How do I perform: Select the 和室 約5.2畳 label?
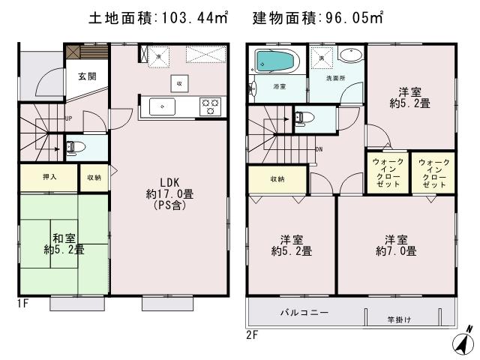click(x=64, y=243)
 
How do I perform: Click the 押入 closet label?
click(x=48, y=178)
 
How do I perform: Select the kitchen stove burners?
click(x=210, y=106)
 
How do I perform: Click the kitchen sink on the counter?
click(x=162, y=106)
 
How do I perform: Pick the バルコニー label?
click(x=303, y=312)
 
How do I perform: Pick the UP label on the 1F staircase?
click(x=68, y=118)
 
